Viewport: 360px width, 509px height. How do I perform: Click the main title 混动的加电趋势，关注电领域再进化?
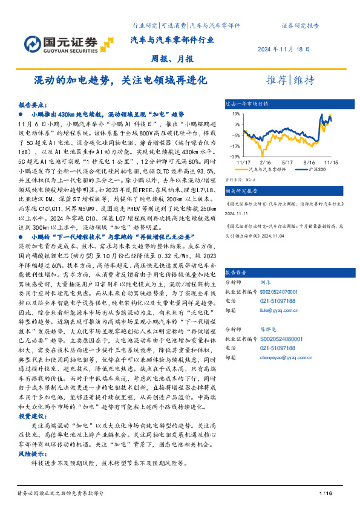tap(120, 80)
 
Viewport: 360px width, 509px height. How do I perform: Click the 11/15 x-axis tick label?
tap(330, 163)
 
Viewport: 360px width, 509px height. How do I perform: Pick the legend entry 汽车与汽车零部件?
tap(264, 170)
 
